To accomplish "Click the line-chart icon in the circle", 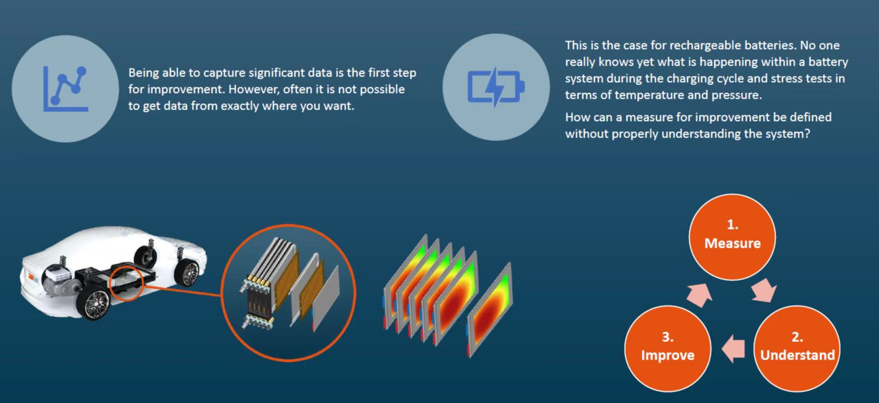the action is pyautogui.click(x=65, y=89).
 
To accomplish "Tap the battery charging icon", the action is pyautogui.click(x=496, y=87).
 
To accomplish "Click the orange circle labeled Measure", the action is pyautogui.click(x=732, y=237).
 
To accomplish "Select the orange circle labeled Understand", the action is pyautogui.click(x=797, y=349).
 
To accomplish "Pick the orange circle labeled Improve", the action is pyautogui.click(x=668, y=349).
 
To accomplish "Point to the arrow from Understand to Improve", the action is pyautogui.click(x=733, y=349).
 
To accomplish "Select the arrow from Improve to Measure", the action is pyautogui.click(x=700, y=295).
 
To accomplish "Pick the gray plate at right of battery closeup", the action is pyautogui.click(x=326, y=298).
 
